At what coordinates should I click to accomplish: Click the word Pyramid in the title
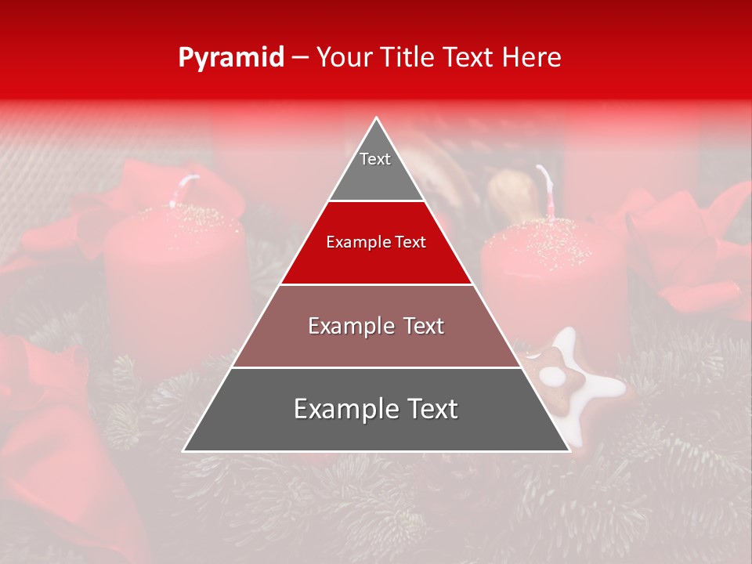tap(230, 58)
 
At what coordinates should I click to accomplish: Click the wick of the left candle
tap(186, 189)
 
